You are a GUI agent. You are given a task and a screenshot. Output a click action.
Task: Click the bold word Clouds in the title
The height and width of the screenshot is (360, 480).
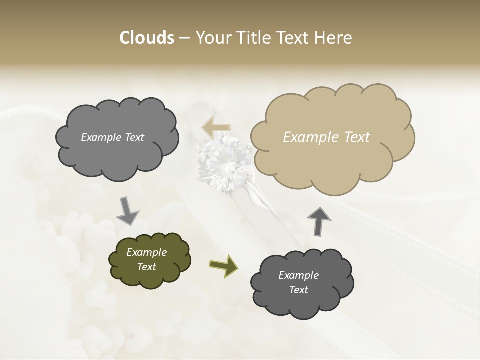146,38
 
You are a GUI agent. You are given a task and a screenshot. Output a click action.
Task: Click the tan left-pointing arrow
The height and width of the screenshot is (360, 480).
216,127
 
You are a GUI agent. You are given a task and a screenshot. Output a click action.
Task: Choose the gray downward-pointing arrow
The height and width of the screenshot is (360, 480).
127,210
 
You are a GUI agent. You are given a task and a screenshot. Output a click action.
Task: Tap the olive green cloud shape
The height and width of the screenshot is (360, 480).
150,259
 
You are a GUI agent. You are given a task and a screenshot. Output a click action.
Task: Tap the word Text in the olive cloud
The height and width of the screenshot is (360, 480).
147,267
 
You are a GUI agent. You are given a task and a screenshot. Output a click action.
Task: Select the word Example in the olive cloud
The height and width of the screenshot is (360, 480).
147,252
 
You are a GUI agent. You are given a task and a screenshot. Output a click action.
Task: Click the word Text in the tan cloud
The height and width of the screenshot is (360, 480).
357,137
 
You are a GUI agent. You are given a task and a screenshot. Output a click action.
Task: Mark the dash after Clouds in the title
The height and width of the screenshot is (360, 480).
184,38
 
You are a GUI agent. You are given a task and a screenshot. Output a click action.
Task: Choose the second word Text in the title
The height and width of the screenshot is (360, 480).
295,38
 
